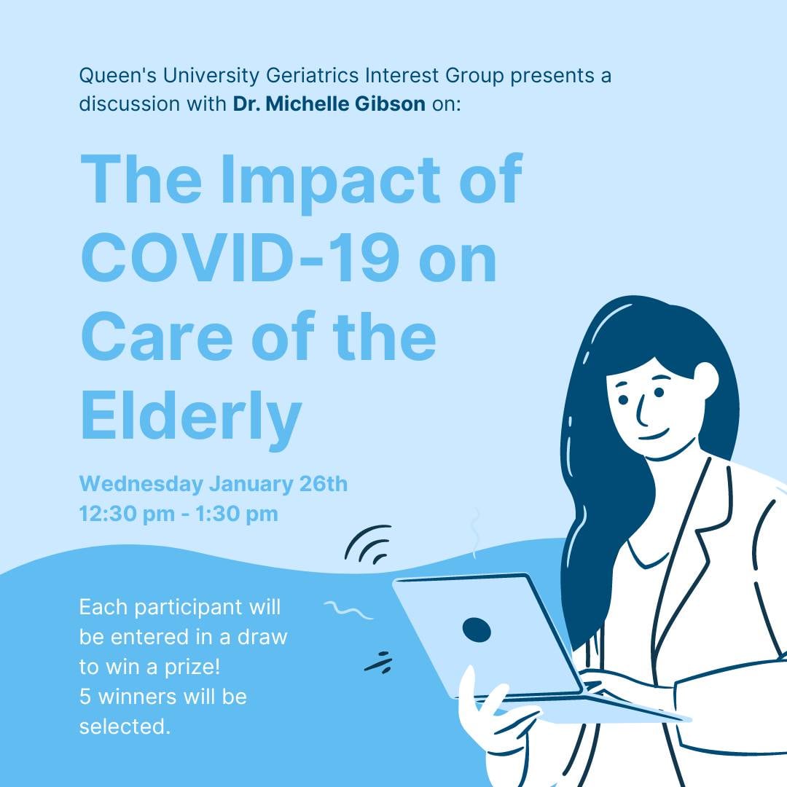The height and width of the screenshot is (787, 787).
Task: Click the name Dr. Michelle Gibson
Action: click(329, 103)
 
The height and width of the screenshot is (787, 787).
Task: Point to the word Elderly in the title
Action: click(190, 416)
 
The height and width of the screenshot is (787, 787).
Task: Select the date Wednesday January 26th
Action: click(213, 484)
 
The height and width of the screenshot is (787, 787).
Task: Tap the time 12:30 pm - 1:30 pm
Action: click(179, 514)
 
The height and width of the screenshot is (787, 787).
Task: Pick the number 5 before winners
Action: click(85, 697)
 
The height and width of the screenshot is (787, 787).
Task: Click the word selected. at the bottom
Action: click(125, 727)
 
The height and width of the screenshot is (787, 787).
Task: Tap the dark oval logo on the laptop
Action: click(477, 630)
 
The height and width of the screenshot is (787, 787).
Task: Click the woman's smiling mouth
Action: click(654, 436)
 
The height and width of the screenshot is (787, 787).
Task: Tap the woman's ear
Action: click(705, 379)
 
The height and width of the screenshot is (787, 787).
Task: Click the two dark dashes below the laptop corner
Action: click(378, 662)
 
